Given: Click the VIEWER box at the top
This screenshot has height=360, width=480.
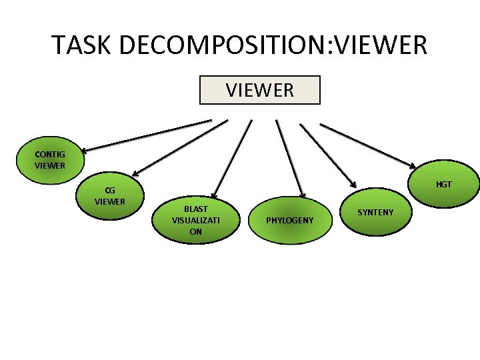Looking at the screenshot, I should (260, 90).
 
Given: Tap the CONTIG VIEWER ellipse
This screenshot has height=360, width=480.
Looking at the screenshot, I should (50, 161).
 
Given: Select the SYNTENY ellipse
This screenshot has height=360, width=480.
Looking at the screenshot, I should (375, 213).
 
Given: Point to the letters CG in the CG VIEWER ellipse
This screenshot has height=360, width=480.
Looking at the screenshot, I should (109, 190).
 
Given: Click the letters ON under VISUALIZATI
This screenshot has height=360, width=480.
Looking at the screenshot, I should (195, 232).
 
